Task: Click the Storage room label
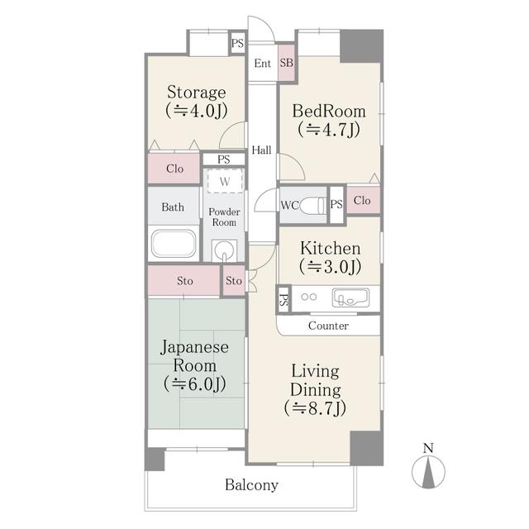pos(197,92)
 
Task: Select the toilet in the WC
pos(312,206)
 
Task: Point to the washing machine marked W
pos(224,181)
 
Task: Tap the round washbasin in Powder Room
pos(223,249)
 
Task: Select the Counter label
pos(328,326)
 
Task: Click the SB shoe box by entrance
pos(287,64)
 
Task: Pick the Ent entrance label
pos(264,64)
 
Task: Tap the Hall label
pos(262,150)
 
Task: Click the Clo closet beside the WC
pos(362,201)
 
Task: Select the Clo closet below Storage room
pos(174,169)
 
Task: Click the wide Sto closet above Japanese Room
pos(185,281)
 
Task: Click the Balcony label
pos(251,485)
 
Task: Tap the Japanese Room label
pos(196,355)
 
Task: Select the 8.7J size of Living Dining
pos(315,407)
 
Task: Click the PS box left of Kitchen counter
pos(284,300)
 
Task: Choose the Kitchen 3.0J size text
pos(330,266)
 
